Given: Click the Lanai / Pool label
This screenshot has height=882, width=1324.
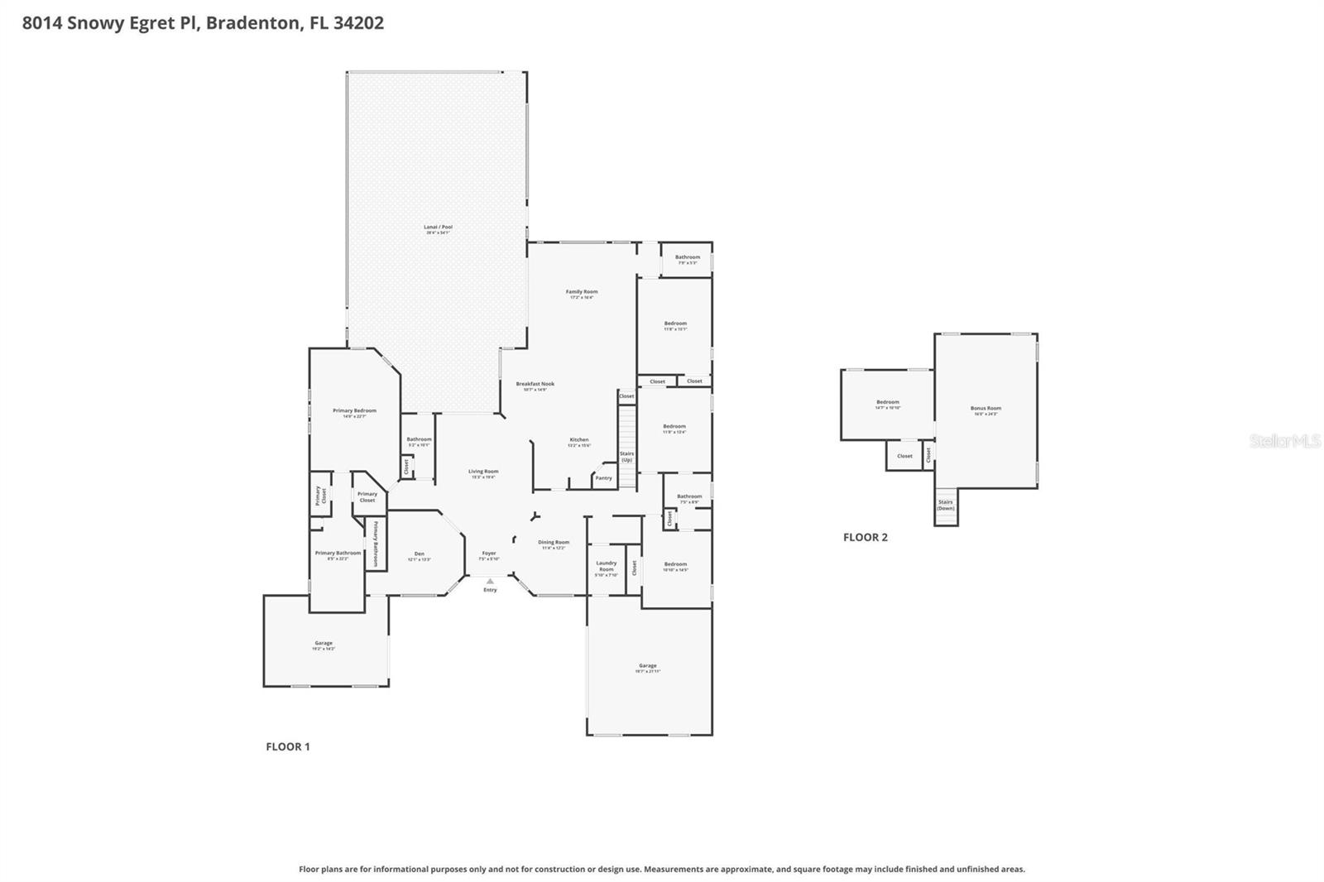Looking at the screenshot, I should pyautogui.click(x=439, y=228).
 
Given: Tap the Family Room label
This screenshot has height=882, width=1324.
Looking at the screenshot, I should pyautogui.click(x=582, y=292).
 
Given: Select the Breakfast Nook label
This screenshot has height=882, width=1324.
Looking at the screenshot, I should pyautogui.click(x=535, y=384).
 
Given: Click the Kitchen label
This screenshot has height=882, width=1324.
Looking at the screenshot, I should pyautogui.click(x=579, y=440).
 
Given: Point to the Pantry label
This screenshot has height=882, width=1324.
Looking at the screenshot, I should pyautogui.click(x=604, y=478).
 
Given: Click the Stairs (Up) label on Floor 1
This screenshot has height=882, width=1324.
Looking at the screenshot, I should pyautogui.click(x=627, y=456).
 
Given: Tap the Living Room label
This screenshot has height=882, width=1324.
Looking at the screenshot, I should pyautogui.click(x=483, y=472).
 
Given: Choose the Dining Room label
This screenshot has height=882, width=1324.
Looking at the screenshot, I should pyautogui.click(x=554, y=543).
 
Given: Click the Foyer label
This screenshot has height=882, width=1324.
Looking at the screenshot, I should pyautogui.click(x=489, y=554).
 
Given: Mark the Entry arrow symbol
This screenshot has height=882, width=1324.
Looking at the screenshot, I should pyautogui.click(x=490, y=581).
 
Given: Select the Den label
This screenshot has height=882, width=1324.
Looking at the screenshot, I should pyautogui.click(x=420, y=554).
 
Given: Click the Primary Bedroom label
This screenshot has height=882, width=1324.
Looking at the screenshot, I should pyautogui.click(x=354, y=411).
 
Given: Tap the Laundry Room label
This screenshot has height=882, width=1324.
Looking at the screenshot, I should pyautogui.click(x=607, y=566).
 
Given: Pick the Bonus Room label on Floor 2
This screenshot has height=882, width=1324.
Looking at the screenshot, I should pyautogui.click(x=986, y=409).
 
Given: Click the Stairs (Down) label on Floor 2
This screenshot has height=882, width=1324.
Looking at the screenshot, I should pyautogui.click(x=946, y=505).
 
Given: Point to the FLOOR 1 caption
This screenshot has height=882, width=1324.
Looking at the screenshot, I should pyautogui.click(x=288, y=746).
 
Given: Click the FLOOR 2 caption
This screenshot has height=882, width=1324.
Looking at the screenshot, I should pyautogui.click(x=866, y=537).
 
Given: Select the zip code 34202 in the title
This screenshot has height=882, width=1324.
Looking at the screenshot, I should pyautogui.click(x=358, y=23).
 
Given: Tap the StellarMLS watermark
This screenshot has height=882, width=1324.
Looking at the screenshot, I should pyautogui.click(x=1284, y=441).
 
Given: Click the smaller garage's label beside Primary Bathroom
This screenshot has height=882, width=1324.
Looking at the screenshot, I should pyautogui.click(x=324, y=644).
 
